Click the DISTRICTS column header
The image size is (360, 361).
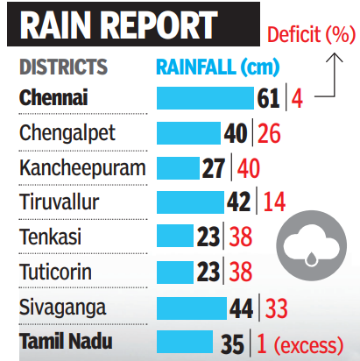63,67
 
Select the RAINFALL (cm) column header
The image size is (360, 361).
212,67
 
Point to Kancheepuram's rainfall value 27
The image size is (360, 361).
215,167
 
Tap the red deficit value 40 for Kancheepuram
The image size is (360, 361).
250,167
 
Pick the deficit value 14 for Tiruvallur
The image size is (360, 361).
274,202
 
